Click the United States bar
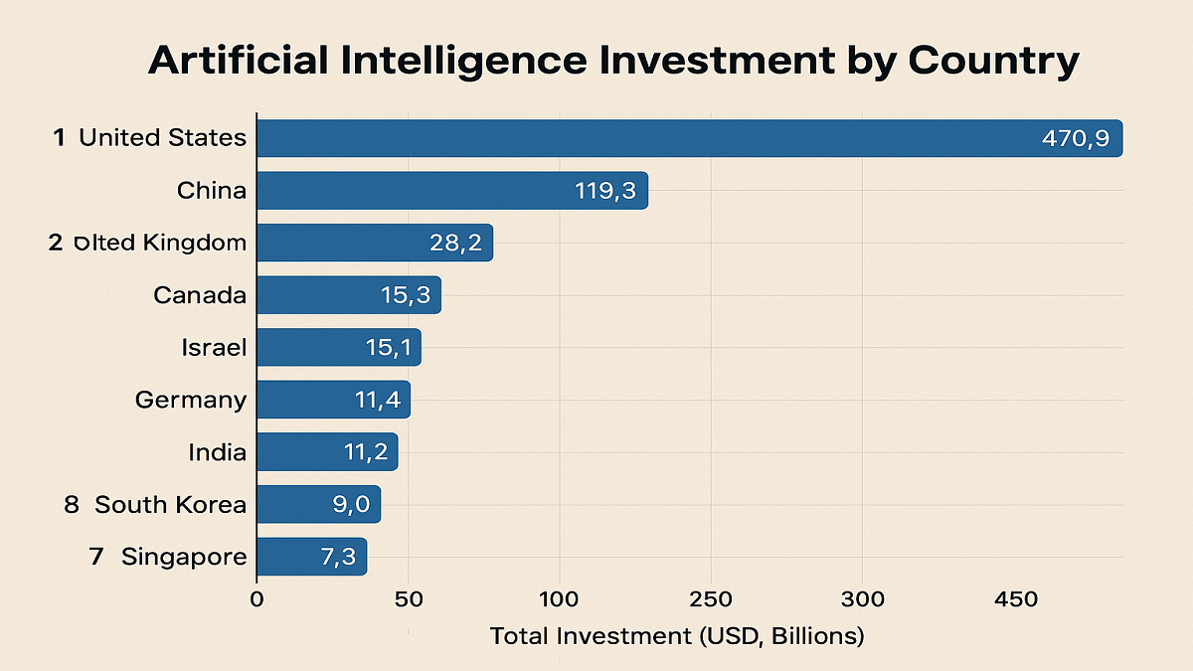click(689, 138)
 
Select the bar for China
click(452, 190)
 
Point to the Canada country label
click(200, 295)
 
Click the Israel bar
click(339, 348)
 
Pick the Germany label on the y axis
click(191, 400)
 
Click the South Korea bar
click(318, 504)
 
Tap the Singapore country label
click(184, 557)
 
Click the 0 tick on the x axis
click(256, 599)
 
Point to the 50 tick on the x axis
click(408, 599)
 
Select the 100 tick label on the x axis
click(560, 599)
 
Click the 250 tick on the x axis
click(711, 599)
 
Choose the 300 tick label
click(862, 599)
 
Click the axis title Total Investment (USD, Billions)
click(677, 635)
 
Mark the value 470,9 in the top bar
click(1075, 138)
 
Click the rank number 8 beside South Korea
click(72, 504)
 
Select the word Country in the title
click(992, 62)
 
